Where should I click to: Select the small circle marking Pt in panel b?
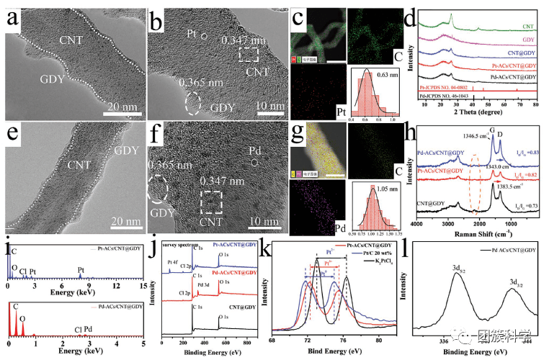[204, 36]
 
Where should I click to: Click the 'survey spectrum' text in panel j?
[179, 245]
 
